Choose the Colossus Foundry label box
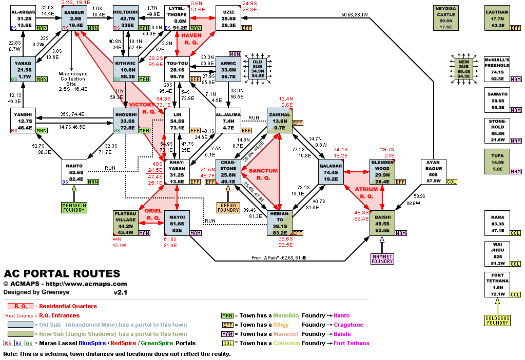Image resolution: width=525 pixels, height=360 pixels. pos(497,320)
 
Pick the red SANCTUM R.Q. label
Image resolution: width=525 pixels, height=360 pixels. pos(263,174)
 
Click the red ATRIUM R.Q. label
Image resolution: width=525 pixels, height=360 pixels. pos(366,192)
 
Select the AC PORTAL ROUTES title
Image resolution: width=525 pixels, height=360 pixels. pos(62,274)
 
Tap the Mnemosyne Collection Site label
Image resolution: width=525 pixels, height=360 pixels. pos(72,81)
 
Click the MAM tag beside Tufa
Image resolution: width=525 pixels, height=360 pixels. pos(515,171)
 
